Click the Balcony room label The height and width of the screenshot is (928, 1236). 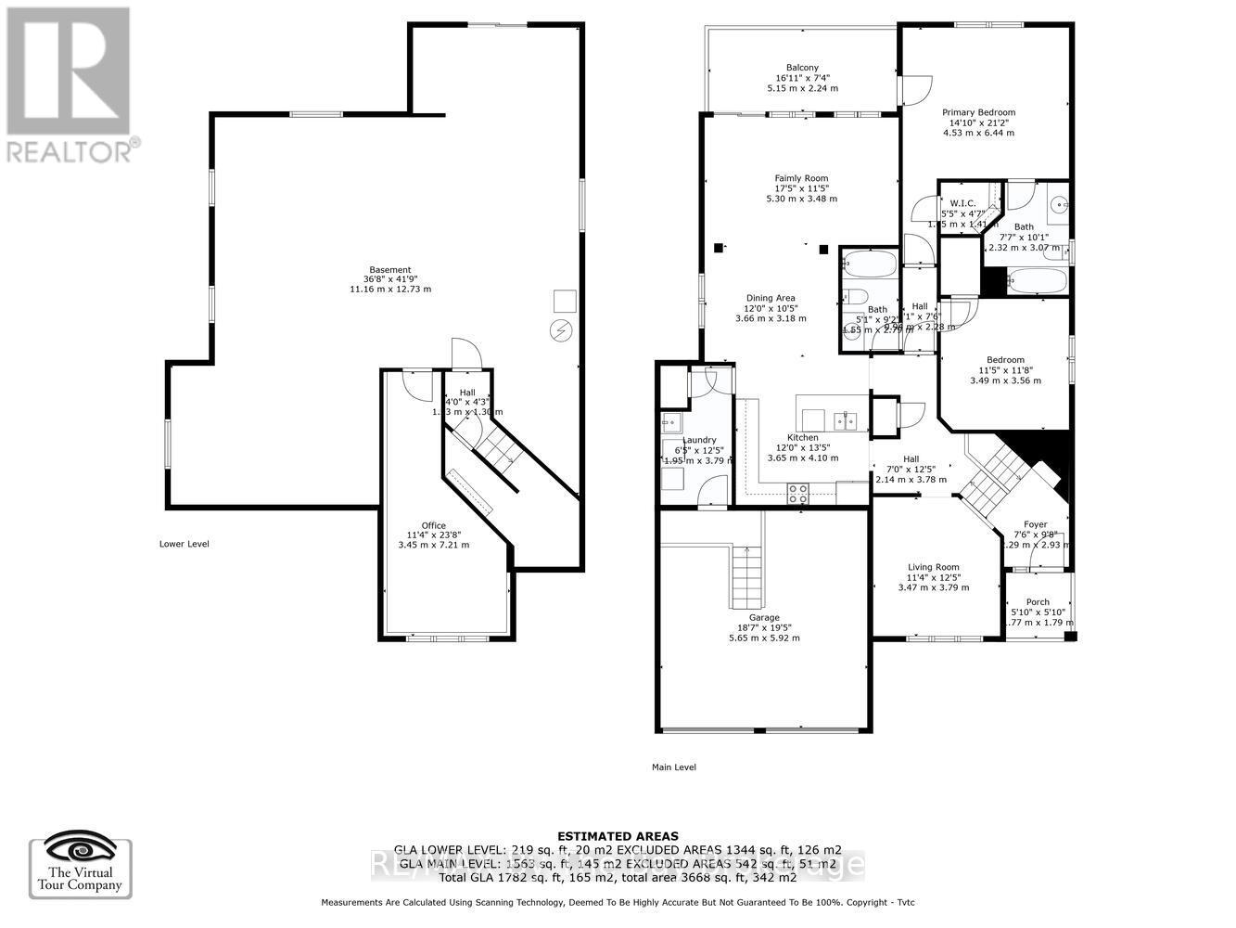(x=802, y=68)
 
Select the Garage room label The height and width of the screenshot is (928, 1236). (x=764, y=617)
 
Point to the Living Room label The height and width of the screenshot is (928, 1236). (x=933, y=567)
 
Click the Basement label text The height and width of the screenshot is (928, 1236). (x=389, y=270)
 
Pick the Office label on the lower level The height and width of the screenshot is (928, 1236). (x=433, y=525)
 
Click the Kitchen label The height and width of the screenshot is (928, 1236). (x=803, y=437)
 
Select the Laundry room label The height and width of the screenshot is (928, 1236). (x=699, y=440)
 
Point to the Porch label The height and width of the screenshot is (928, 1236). (x=1038, y=602)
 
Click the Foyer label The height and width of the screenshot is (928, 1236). (x=1035, y=525)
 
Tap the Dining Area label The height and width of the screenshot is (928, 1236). (x=771, y=298)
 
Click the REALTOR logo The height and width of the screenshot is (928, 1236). (x=69, y=84)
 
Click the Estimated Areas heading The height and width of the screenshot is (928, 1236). (x=617, y=836)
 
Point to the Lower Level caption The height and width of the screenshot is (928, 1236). (x=184, y=544)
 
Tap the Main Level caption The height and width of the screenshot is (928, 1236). (x=673, y=767)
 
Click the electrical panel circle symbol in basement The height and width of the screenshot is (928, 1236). (x=562, y=329)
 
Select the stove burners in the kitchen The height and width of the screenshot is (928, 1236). (x=797, y=493)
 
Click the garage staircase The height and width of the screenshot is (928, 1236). (x=746, y=574)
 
